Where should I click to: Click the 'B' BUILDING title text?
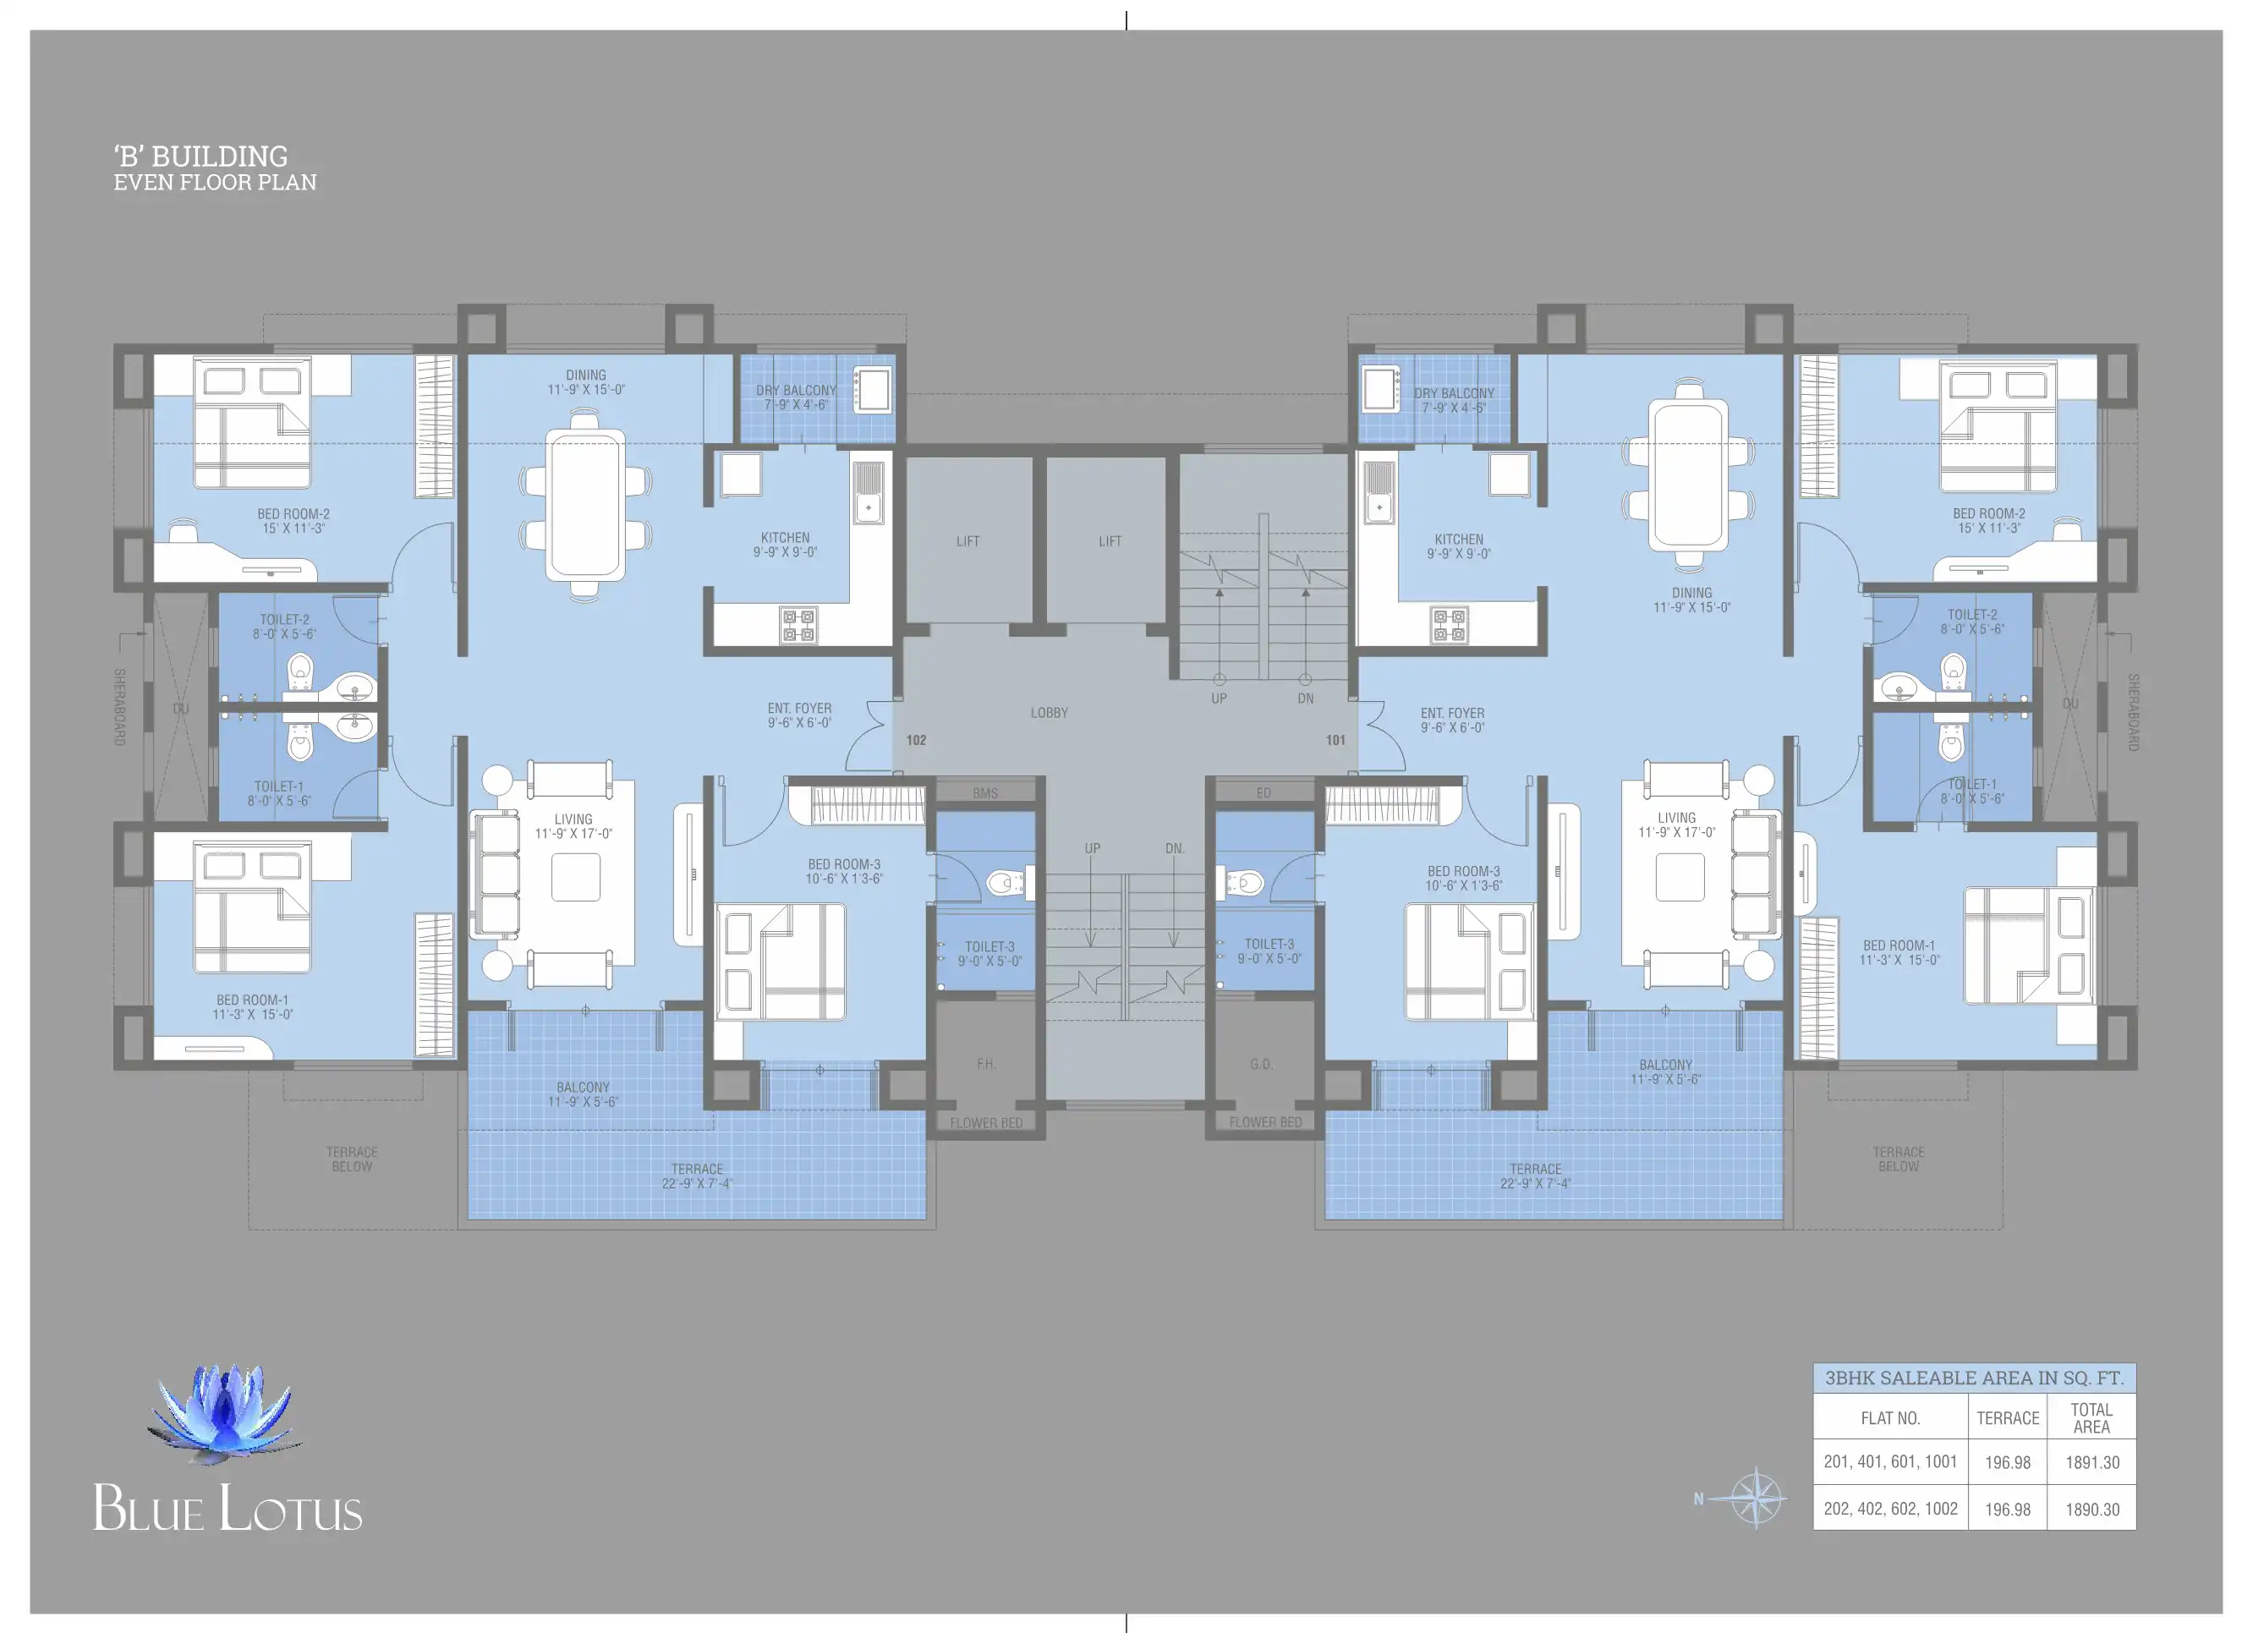coord(200,156)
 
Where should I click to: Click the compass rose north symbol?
coord(1756,1497)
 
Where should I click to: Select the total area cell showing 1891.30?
coord(2091,1462)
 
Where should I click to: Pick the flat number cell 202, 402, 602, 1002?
coord(1890,1509)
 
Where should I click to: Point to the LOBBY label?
coord(1049,713)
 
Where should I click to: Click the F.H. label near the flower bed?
coord(985,1064)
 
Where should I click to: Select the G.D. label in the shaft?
coord(1261,1064)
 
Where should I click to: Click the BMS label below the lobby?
coord(985,793)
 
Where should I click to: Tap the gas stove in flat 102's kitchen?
coord(798,625)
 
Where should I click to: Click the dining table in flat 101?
coord(1688,474)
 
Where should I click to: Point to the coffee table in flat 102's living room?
coord(575,877)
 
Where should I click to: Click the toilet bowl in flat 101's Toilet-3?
coord(1244,882)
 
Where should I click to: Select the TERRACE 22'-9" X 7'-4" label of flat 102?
coord(697,1176)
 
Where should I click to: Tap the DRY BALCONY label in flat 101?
coord(1454,400)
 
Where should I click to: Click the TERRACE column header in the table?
coord(2007,1418)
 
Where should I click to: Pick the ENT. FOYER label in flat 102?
coord(799,715)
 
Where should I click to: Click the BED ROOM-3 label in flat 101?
coord(1463,878)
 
